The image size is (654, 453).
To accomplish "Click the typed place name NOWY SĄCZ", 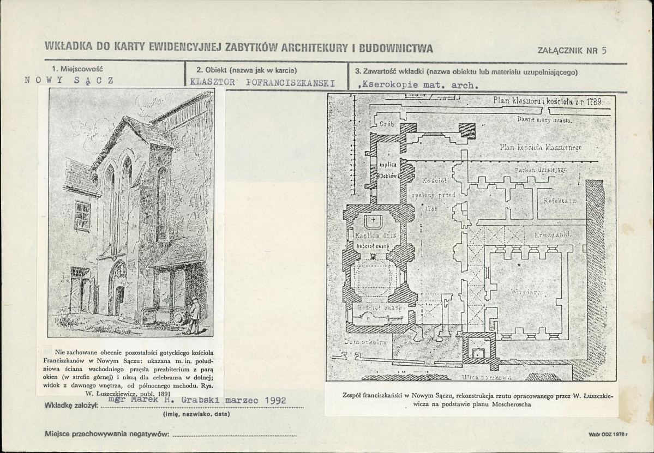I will point(69,80).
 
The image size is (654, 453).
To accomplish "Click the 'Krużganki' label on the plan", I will point(555,234).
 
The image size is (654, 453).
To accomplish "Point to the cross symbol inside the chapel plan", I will point(373,220).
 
